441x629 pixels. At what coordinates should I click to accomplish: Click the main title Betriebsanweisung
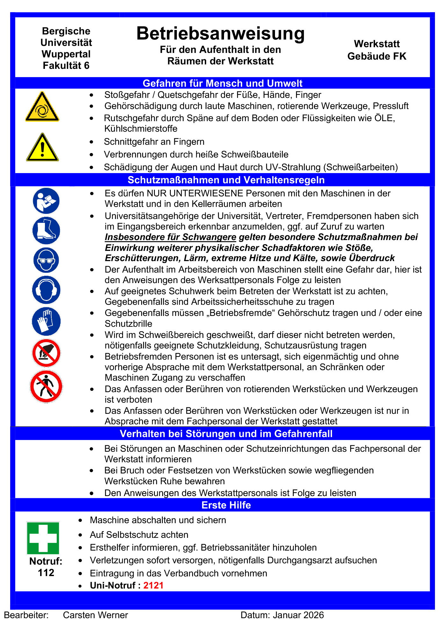click(220, 33)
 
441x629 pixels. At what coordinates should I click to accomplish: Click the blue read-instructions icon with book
click(46, 201)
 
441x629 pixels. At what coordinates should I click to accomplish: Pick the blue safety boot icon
click(46, 230)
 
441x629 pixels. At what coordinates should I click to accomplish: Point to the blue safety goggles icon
click(46, 260)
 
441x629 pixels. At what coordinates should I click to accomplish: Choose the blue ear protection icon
click(46, 290)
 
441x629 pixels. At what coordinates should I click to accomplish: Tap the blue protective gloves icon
click(46, 321)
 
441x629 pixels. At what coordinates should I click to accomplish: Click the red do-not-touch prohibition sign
click(46, 353)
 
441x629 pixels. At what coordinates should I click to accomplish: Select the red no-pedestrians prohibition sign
click(46, 387)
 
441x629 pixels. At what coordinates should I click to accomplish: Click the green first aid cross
click(43, 538)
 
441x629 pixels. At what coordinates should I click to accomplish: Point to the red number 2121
click(153, 585)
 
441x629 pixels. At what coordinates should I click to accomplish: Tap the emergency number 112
click(46, 573)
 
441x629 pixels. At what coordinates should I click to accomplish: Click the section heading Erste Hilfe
click(226, 505)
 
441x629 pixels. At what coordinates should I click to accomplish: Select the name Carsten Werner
click(95, 615)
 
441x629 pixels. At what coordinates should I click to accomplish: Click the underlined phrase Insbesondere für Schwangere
click(170, 237)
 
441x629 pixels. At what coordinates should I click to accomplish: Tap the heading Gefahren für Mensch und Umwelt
click(222, 83)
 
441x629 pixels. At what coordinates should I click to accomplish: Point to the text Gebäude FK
click(377, 56)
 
